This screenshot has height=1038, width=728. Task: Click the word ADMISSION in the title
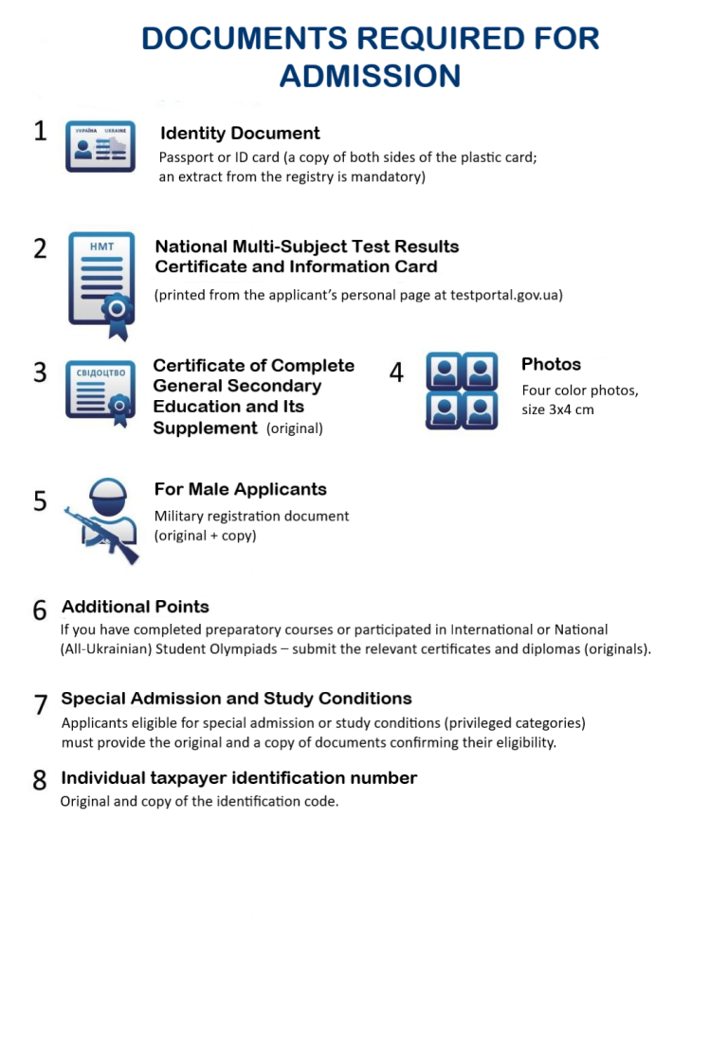(370, 75)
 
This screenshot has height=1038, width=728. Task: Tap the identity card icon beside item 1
(100, 146)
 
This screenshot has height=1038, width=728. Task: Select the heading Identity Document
(240, 134)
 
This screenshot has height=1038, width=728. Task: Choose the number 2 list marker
(40, 248)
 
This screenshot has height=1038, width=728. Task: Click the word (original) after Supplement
(295, 428)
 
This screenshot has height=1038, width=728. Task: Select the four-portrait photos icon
(462, 390)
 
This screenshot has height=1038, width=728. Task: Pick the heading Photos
(551, 364)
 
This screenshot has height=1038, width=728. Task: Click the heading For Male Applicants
(240, 489)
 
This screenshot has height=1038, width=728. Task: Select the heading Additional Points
(136, 607)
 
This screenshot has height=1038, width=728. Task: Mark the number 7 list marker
(40, 704)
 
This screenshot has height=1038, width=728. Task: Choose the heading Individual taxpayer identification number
(239, 778)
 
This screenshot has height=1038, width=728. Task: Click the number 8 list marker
(40, 780)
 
